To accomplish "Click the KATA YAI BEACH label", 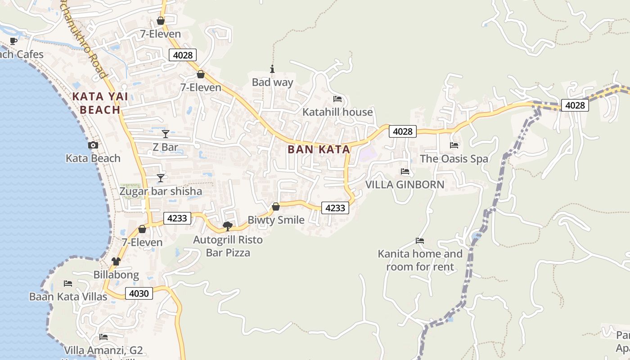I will (100, 103).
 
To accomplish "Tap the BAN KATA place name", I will (319, 149).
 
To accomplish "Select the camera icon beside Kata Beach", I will (93, 145).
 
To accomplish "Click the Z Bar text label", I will (165, 147).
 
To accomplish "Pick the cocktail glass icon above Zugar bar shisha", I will (160, 178).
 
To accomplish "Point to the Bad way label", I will (272, 82).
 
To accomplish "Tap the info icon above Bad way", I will (272, 69).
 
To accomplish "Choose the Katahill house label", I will (337, 112).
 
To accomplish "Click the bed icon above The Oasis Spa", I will (454, 145).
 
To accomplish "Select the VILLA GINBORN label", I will (405, 184).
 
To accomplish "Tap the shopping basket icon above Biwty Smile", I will (276, 207).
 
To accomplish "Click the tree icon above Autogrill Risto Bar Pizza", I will (228, 226).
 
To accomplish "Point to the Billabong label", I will (116, 274).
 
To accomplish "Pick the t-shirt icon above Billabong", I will (116, 261).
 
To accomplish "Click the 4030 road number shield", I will (139, 293).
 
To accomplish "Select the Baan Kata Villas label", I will (68, 297).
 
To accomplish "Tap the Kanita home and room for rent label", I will (420, 260).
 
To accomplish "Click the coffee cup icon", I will (13, 41).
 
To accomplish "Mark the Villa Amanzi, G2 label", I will (103, 351).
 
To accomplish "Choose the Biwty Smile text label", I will (276, 220).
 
